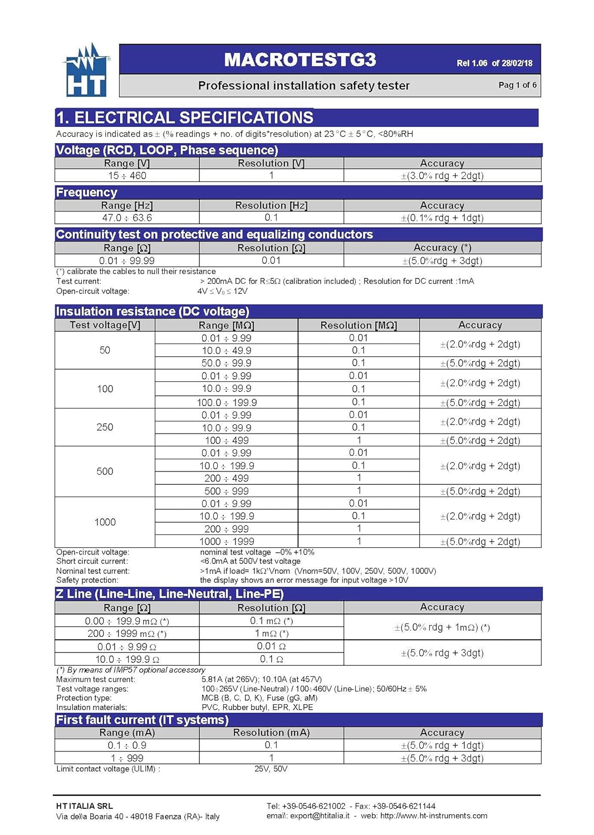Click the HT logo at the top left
click(86, 71)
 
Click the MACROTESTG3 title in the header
click(300, 60)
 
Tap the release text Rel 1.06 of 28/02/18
click(494, 63)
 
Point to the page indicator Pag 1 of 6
click(517, 85)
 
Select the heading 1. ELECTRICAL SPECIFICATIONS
click(185, 117)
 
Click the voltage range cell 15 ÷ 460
click(127, 176)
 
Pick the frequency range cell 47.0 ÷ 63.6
click(127, 218)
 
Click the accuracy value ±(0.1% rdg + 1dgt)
click(442, 218)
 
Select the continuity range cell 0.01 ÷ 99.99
click(127, 261)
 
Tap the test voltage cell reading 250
click(105, 427)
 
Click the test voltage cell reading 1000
click(105, 522)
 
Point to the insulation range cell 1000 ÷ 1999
click(227, 542)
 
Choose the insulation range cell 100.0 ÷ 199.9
click(227, 402)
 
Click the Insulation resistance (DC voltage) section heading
click(153, 311)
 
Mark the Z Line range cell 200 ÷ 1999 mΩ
click(127, 633)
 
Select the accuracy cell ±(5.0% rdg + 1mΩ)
click(442, 627)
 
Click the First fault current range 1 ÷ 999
click(127, 758)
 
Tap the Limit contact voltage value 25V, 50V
click(271, 769)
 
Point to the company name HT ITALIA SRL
click(84, 805)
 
